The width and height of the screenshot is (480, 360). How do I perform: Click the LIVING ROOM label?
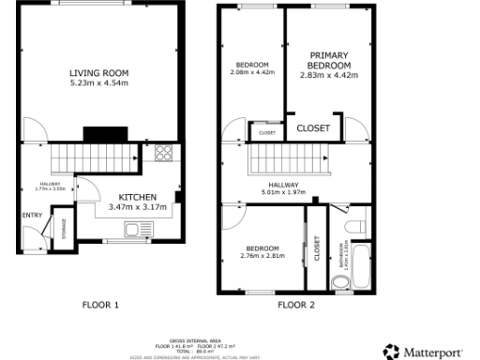(98, 73)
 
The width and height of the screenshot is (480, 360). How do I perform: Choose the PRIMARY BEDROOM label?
(328, 60)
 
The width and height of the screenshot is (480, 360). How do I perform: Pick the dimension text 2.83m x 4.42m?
(328, 75)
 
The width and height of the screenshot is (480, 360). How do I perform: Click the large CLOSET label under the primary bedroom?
(313, 128)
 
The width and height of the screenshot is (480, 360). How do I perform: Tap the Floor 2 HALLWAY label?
(283, 186)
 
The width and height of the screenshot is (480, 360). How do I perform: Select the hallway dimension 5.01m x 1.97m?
(283, 194)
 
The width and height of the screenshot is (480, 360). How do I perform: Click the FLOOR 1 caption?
(100, 305)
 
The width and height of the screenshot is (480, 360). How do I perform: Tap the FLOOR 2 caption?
(296, 305)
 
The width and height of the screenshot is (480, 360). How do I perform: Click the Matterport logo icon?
(390, 352)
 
